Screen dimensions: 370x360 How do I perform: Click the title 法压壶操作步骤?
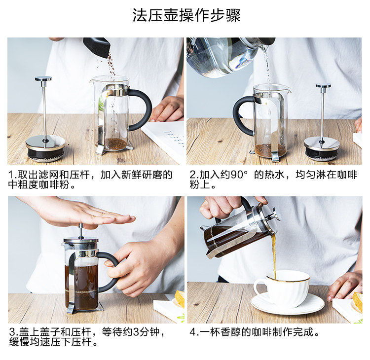(186, 15)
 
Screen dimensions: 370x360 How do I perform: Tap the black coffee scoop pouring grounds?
(97, 47)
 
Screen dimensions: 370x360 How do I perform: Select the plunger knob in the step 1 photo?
(43, 79)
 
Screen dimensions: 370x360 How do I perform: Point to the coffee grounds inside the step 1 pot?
(115, 144)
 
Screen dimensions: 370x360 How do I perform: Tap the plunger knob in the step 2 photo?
(323, 86)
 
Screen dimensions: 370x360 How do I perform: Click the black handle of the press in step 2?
(243, 115)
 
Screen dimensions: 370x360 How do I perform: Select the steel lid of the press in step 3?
(81, 241)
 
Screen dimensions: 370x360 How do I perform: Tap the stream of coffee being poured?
(274, 255)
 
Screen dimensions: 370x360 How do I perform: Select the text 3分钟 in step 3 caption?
(146, 332)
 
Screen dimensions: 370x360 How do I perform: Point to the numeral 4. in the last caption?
(194, 332)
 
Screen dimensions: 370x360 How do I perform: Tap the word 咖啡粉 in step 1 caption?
(54, 184)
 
